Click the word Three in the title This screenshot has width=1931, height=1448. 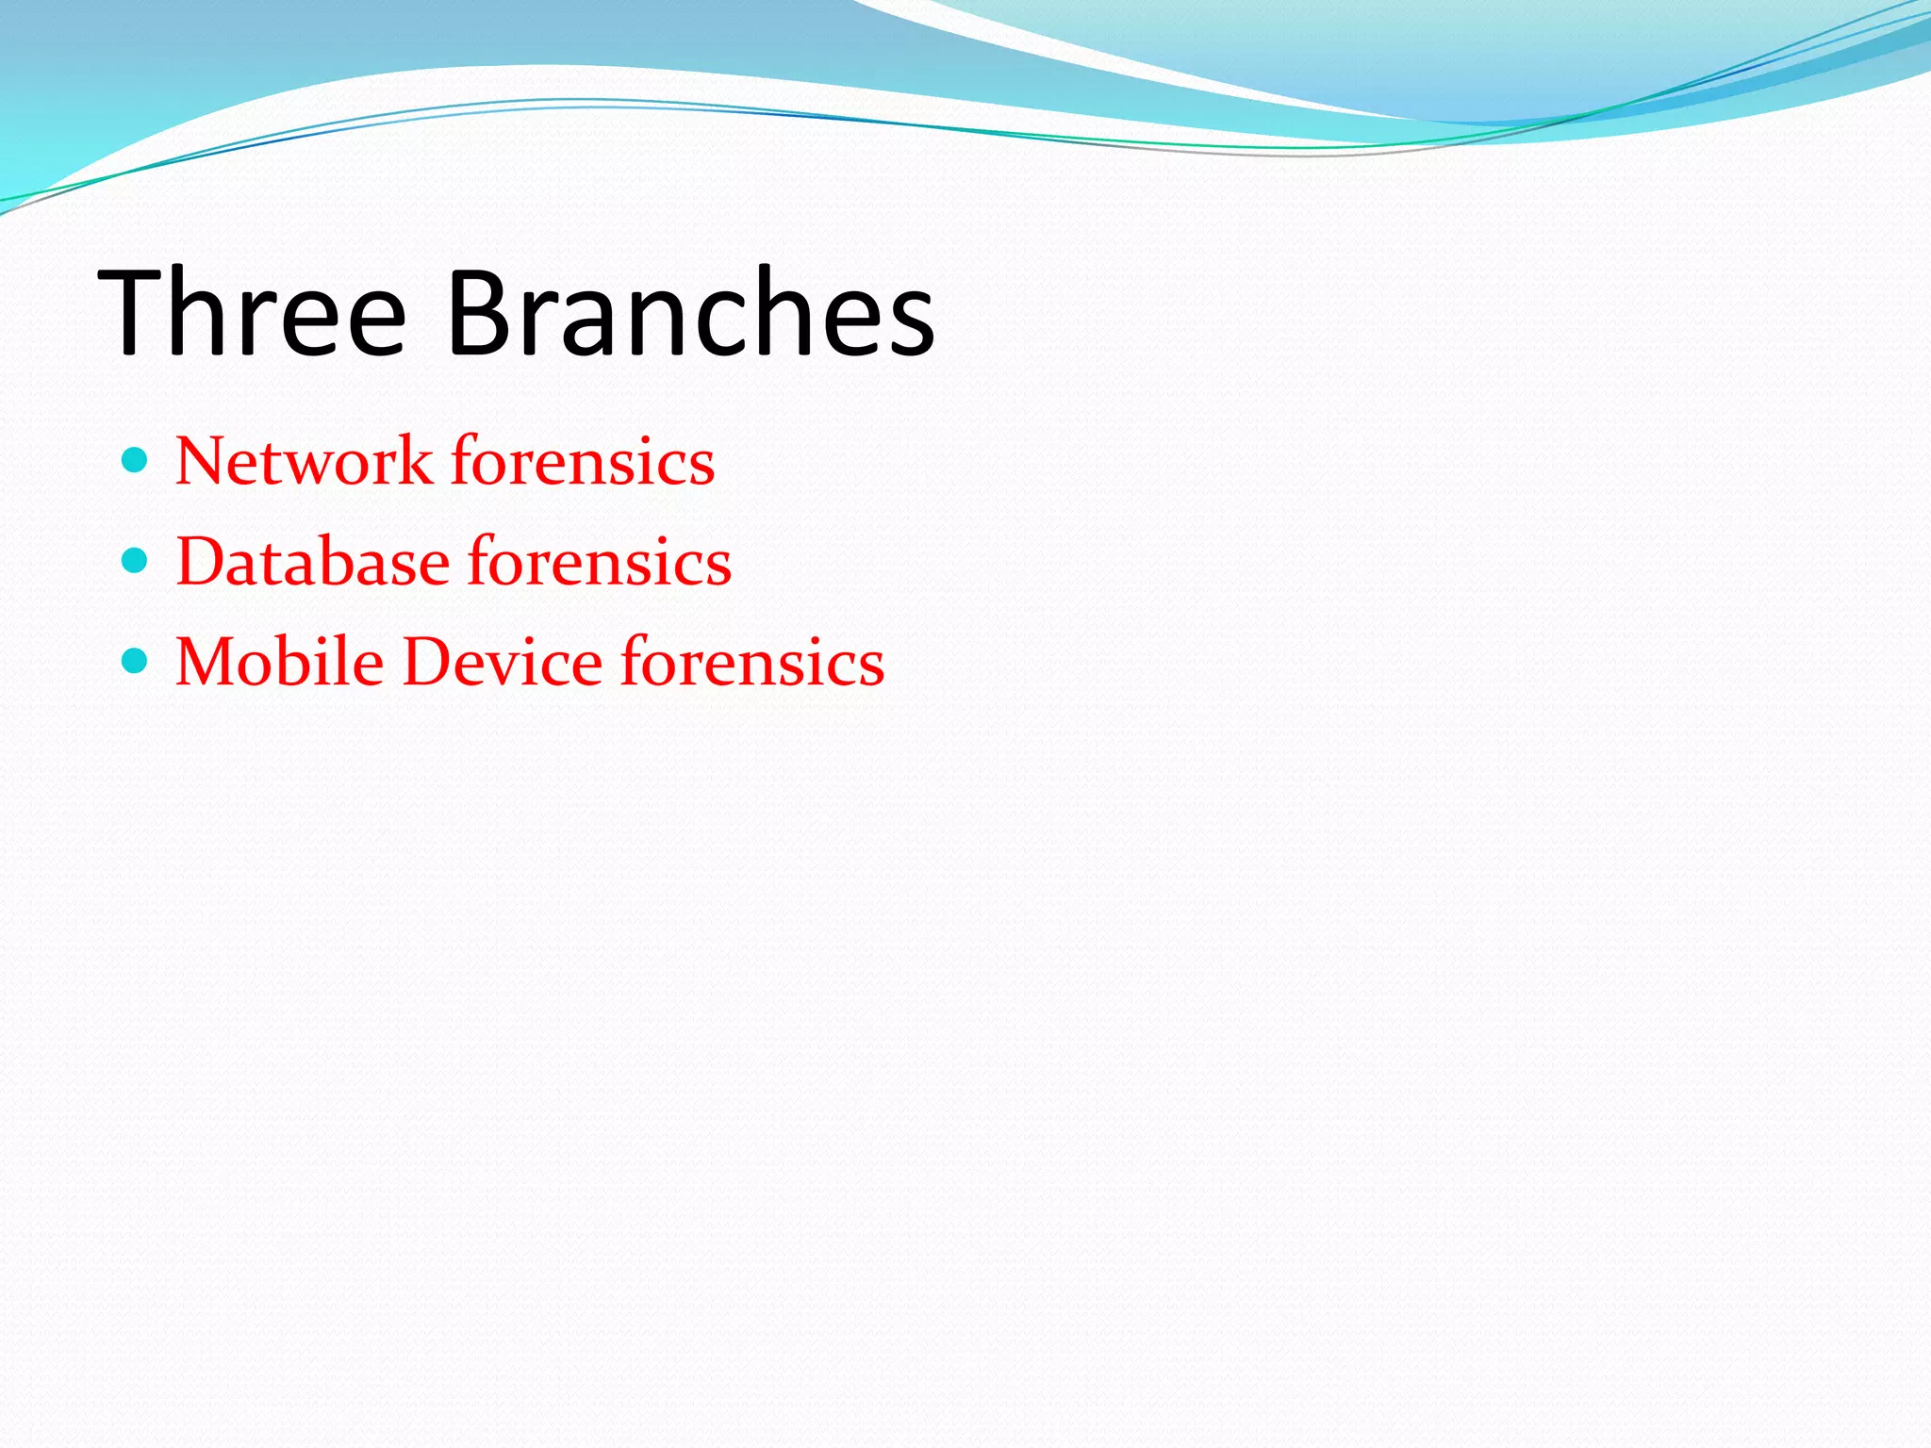tap(252, 314)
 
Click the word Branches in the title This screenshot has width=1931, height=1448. tap(690, 314)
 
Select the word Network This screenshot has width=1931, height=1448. tap(304, 462)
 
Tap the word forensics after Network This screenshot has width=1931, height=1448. tap(583, 462)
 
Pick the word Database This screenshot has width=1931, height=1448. tap(312, 563)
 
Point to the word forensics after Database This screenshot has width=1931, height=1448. tap(600, 563)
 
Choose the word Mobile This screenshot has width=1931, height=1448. tap(279, 662)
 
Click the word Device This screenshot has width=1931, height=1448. tap(502, 662)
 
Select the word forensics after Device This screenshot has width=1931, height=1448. tap(752, 662)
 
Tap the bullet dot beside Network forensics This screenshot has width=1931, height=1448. tap(136, 460)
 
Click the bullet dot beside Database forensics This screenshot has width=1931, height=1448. tap(136, 561)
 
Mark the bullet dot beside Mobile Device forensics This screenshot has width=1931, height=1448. tap(136, 660)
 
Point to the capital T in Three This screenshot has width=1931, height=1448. tap(132, 314)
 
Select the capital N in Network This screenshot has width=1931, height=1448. tap(202, 462)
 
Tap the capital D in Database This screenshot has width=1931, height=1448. tap(204, 563)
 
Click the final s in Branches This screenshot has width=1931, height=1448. tap(907, 325)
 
